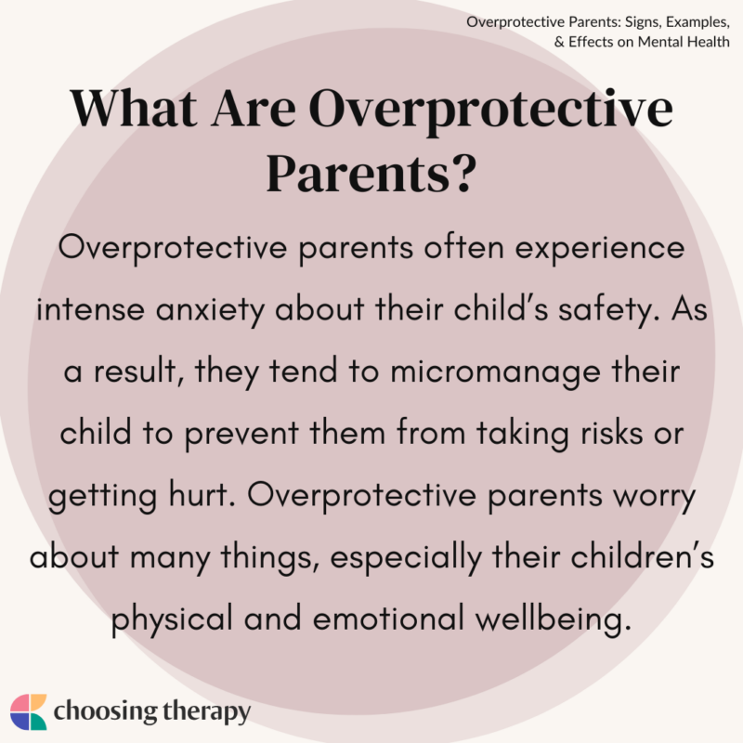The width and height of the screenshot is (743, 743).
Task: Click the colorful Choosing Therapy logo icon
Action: coord(28,712)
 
